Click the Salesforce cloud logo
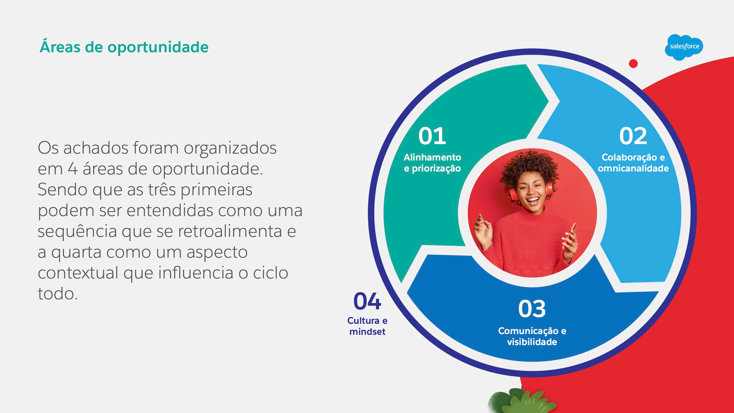684,47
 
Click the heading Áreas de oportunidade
124,46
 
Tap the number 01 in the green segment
432,136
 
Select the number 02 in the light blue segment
633,136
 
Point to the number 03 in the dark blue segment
532,309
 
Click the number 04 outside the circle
367,301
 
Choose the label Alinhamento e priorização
432,163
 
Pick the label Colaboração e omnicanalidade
633,163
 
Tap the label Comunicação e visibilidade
532,336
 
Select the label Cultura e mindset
367,326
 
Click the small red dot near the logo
633,63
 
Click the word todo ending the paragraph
57,293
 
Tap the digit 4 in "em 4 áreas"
73,168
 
